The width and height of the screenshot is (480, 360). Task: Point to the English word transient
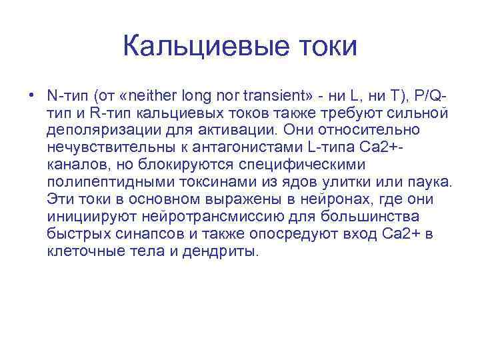pyautogui.click(x=269, y=93)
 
